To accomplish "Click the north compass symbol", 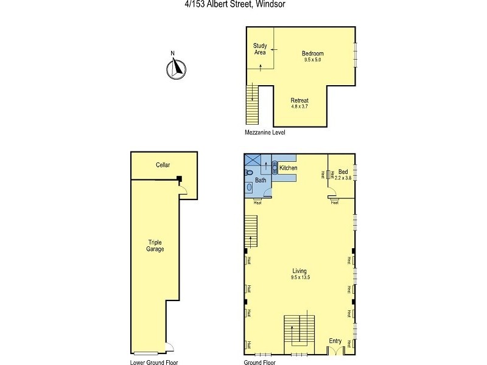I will (174, 69).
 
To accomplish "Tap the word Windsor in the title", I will (269, 4).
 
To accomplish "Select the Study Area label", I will (260, 49).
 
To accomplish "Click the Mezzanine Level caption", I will (265, 132).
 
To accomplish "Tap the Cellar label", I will (163, 165).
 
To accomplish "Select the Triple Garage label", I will (155, 245).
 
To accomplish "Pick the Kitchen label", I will (288, 167).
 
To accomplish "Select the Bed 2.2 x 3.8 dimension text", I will (343, 178).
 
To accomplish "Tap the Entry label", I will (335, 341).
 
